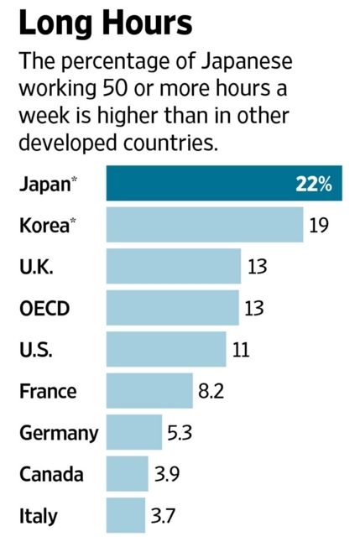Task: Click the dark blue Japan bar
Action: (x=224, y=183)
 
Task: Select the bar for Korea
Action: (x=205, y=225)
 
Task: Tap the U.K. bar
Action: (x=174, y=266)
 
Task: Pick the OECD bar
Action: (x=173, y=308)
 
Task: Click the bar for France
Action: (x=149, y=391)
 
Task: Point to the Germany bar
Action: (x=134, y=432)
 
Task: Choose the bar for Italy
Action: (x=126, y=515)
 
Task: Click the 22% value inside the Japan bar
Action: (x=314, y=184)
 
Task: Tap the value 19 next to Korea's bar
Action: (x=319, y=226)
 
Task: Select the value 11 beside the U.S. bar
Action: (x=241, y=350)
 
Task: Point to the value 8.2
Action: (x=211, y=391)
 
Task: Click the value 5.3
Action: (x=180, y=433)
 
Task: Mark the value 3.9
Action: (x=167, y=474)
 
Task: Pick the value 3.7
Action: (x=164, y=516)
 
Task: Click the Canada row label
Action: (x=51, y=474)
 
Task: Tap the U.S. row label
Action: (x=36, y=350)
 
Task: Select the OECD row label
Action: (x=44, y=308)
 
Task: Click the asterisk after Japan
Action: (x=74, y=179)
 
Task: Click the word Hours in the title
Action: (x=148, y=23)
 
